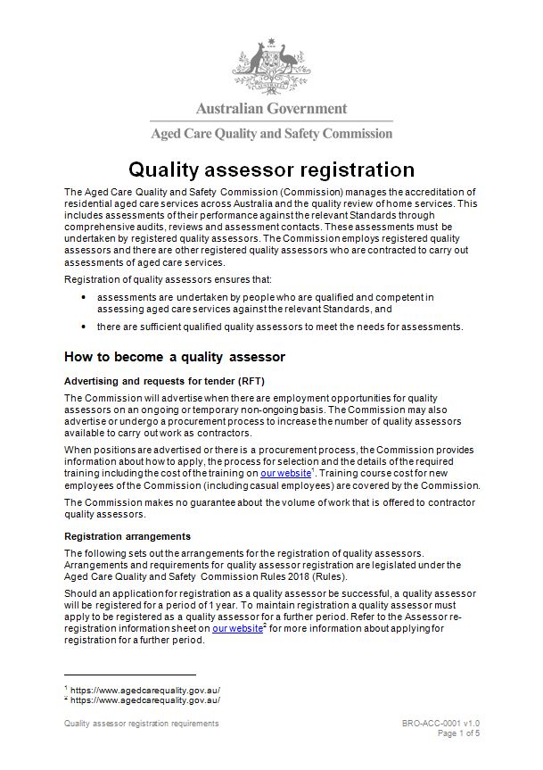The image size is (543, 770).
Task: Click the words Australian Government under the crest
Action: point(271,109)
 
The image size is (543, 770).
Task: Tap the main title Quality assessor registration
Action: point(271,170)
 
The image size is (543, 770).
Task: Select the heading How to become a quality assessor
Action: point(174,357)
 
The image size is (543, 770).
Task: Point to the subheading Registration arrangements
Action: point(128,537)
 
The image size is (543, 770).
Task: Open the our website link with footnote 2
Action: point(230,628)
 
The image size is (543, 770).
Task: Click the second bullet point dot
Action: point(83,327)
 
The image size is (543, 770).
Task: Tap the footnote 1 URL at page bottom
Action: point(144,690)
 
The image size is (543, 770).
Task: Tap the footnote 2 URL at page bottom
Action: point(144,700)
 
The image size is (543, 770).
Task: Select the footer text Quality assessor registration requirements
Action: point(142,724)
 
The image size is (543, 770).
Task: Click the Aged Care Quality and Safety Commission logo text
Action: point(271,134)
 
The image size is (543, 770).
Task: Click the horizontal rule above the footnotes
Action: point(130,675)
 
